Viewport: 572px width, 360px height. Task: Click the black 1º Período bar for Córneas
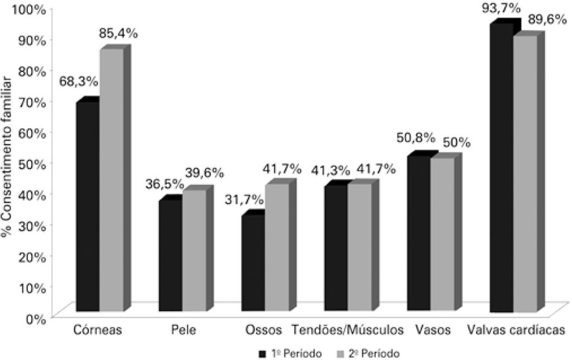tap(88, 207)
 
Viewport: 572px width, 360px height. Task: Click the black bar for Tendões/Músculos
tap(336, 248)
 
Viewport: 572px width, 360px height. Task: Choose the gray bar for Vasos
tap(442, 234)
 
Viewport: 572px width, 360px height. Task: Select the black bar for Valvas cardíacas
tap(502, 168)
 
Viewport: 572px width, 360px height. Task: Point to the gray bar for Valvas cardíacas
tap(525, 174)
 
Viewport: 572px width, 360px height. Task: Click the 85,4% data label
tap(118, 33)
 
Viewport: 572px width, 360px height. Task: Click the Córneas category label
tap(98, 330)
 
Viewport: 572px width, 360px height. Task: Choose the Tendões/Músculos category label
tap(348, 330)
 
